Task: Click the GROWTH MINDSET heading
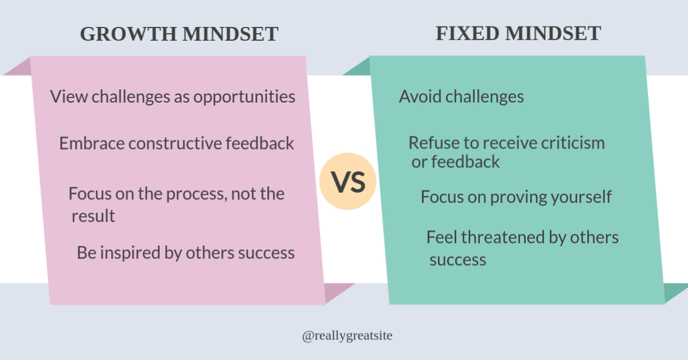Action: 179,34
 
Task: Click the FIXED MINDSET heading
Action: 518,34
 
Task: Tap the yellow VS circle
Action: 348,182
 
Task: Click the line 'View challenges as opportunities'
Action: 173,96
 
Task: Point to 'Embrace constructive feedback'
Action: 177,143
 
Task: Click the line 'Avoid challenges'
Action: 461,96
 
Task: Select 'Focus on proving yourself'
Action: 516,197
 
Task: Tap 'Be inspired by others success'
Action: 186,253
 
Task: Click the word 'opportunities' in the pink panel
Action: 244,97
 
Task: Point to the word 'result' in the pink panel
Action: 93,216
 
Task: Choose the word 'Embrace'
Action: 92,143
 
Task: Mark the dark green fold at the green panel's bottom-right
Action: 674,294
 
